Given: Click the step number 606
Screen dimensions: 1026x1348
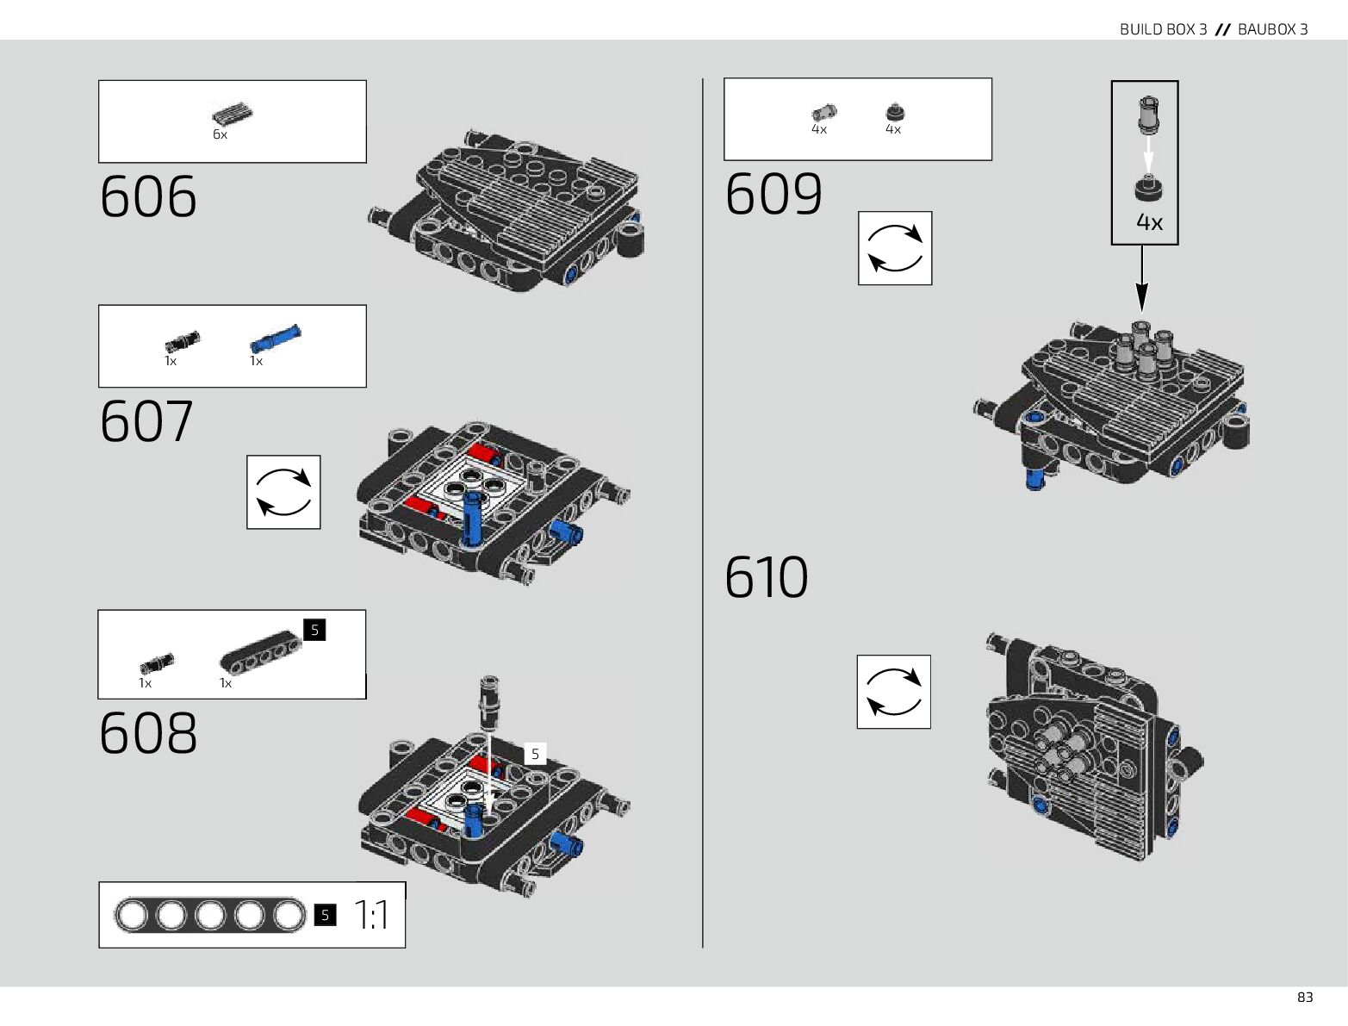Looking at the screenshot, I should click(x=148, y=197).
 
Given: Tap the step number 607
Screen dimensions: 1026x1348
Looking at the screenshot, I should click(x=146, y=421).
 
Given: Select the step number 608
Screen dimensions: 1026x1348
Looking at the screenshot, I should click(x=148, y=733).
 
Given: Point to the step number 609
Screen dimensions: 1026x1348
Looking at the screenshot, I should click(x=773, y=194).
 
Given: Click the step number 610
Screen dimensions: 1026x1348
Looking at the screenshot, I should click(x=767, y=577).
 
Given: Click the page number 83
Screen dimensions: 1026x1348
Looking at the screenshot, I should click(x=1305, y=998).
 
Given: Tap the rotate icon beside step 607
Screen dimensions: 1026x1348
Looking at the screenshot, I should click(x=283, y=492).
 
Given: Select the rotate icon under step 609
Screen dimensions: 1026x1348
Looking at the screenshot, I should click(x=895, y=248).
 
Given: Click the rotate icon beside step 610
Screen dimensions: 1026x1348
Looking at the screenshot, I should click(x=893, y=692).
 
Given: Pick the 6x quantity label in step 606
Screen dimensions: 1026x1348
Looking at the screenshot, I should click(x=220, y=135).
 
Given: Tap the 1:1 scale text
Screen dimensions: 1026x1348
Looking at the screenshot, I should click(x=372, y=916).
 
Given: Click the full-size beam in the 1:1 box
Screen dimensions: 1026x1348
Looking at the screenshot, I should click(x=210, y=916).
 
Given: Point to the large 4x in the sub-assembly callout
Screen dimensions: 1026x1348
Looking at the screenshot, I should click(x=1149, y=222).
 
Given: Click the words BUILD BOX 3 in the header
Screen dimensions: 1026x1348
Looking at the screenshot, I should click(x=1163, y=29).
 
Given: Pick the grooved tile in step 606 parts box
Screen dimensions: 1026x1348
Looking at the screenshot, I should click(x=232, y=113).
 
